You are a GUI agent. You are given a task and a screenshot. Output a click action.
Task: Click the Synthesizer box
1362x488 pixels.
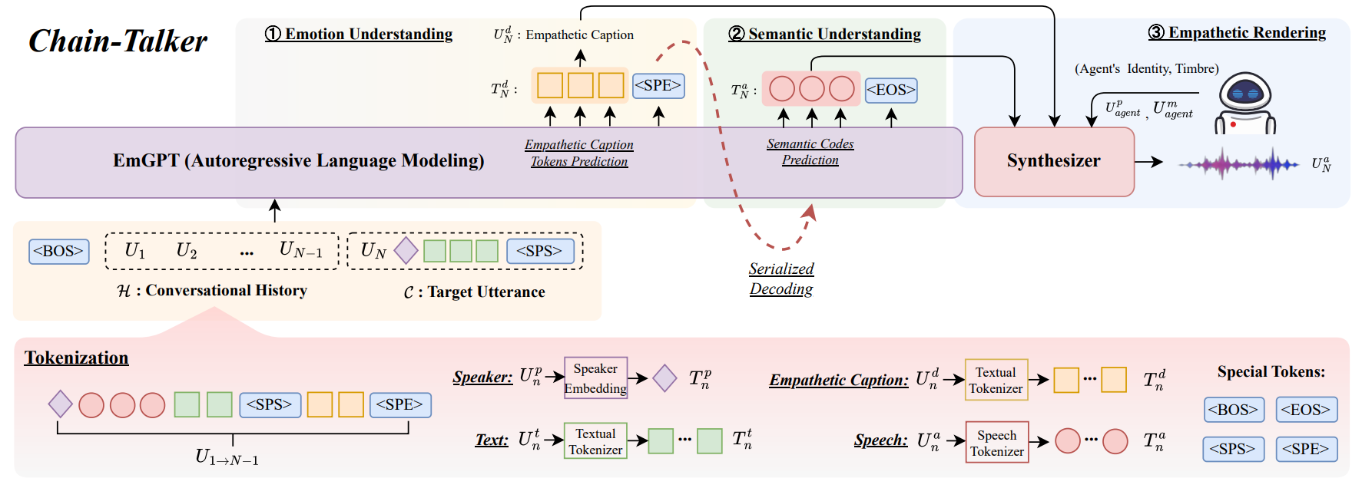[x=1054, y=161]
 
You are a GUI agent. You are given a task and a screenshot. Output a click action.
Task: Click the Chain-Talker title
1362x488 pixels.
[x=118, y=41]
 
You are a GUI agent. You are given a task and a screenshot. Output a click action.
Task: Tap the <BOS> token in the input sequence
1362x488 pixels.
[x=58, y=251]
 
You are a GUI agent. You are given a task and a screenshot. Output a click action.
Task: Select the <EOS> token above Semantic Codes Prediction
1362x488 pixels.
[x=891, y=90]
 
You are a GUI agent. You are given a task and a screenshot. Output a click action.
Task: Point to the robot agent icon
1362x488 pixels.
[x=1244, y=104]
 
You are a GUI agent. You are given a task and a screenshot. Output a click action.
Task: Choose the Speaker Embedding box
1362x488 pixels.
[x=595, y=378]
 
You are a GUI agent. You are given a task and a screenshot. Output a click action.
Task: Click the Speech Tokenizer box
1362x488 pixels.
[x=997, y=442]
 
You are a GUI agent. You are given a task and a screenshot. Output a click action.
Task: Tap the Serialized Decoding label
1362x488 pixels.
[x=781, y=279]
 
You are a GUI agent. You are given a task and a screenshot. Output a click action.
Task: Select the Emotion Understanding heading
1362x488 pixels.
[x=359, y=34]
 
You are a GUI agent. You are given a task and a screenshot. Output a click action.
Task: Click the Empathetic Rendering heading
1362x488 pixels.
[x=1237, y=32]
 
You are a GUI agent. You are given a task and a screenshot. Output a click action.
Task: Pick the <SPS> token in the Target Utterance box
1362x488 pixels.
[x=539, y=251]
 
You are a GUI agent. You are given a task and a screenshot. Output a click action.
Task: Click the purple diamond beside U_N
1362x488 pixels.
[x=406, y=250]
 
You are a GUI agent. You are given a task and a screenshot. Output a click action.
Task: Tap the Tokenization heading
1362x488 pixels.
[x=77, y=358]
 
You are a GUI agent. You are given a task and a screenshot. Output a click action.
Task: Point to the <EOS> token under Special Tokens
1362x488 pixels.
[x=1307, y=410]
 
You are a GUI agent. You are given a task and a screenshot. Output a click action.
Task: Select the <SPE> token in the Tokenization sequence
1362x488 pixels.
[x=400, y=404]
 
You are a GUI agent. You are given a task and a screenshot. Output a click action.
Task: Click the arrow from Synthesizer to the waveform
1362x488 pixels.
[x=1149, y=162]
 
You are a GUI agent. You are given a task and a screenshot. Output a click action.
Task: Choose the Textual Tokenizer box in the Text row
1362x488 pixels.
[x=595, y=441]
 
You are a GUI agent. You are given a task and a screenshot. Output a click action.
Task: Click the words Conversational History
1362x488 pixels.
[x=227, y=290]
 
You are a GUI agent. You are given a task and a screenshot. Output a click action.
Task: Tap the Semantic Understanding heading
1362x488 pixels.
[x=824, y=34]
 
